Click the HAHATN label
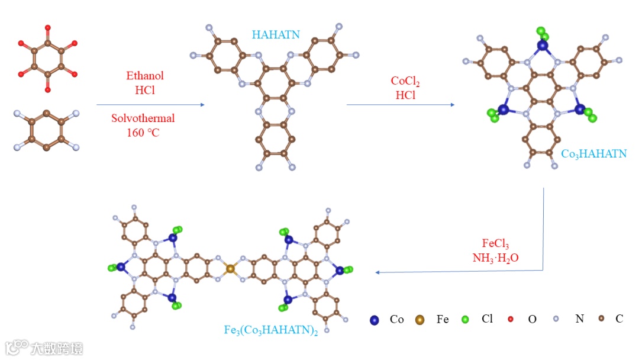pos(276,35)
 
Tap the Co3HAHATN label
pos(593,154)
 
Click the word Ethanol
pos(145,76)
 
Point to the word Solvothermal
pos(143,118)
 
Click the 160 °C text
pos(143,132)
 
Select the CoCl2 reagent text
pos(406,81)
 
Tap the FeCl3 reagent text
pos(495,244)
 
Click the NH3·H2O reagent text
pos(495,258)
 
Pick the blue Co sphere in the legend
pos(374,320)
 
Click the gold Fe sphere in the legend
pos(419,320)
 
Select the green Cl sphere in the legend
pos(465,320)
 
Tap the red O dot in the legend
pos(511,320)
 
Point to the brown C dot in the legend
pos(601,319)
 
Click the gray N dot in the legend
pos(556,319)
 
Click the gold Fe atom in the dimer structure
pos(230,269)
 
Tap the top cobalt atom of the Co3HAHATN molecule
pos(543,45)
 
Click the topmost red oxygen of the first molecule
pos(47,27)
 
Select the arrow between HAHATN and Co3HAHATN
pos(401,105)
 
